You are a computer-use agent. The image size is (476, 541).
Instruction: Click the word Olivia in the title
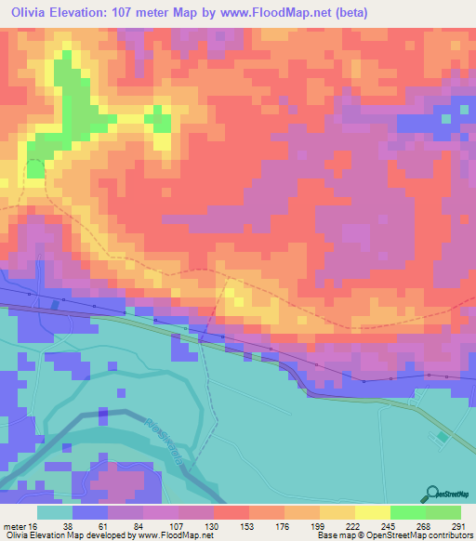pyautogui.click(x=31, y=13)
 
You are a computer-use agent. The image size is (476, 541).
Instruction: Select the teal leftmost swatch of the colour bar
pyautogui.click(x=55, y=512)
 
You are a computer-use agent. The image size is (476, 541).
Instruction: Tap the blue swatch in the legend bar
pyautogui.click(x=90, y=512)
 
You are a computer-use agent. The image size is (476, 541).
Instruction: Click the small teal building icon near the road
pyautogui.click(x=443, y=436)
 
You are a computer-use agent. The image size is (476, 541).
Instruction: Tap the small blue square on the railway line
pyautogui.click(x=56, y=304)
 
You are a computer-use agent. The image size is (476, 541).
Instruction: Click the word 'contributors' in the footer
pyautogui.click(x=446, y=534)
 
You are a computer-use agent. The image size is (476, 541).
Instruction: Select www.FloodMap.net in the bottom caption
pyautogui.click(x=176, y=534)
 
